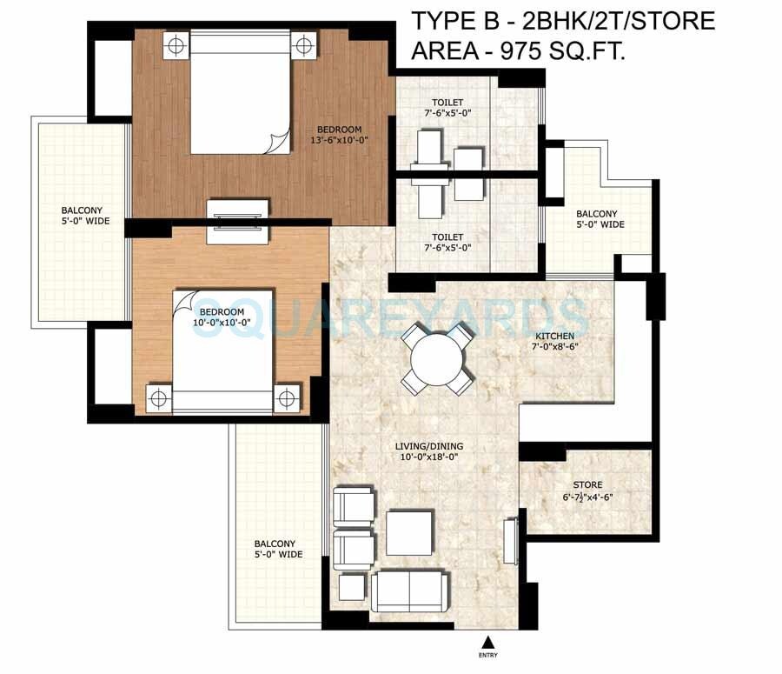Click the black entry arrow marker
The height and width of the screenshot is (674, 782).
pos(487,643)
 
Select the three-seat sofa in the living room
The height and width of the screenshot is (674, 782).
pos(413,592)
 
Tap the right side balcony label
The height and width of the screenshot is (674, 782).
pos(597,219)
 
